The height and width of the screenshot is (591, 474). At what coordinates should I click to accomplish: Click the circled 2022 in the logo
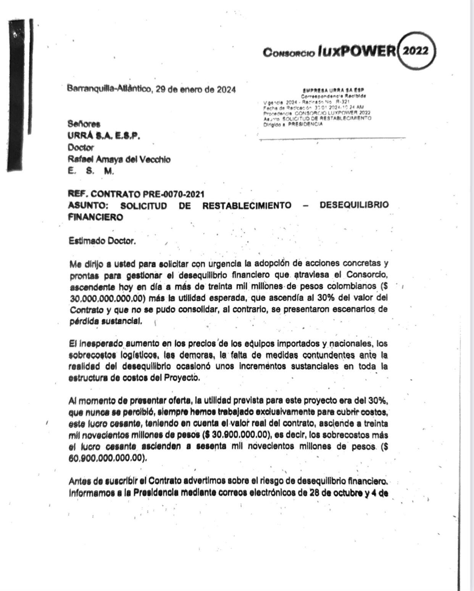point(416,51)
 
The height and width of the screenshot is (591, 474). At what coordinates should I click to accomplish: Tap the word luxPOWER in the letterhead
point(356,51)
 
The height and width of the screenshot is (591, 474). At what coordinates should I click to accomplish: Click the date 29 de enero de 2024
point(196,90)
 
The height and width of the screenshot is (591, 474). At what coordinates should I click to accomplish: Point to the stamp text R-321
point(343,103)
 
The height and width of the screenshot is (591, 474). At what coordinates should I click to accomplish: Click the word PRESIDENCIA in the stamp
point(306,124)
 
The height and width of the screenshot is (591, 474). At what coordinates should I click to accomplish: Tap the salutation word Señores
point(84,124)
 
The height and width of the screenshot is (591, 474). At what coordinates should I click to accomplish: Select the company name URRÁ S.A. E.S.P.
point(103,136)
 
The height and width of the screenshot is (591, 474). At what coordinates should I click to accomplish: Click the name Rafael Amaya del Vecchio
point(119,159)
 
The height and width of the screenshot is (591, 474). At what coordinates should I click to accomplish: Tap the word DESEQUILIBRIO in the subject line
point(354,205)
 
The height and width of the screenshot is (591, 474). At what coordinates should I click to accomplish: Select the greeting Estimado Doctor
point(102,241)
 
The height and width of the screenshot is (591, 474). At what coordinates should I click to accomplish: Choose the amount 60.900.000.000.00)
point(108,458)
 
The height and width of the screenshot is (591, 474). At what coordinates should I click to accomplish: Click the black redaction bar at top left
point(17,95)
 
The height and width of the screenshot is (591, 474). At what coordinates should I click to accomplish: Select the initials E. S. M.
point(90,171)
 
